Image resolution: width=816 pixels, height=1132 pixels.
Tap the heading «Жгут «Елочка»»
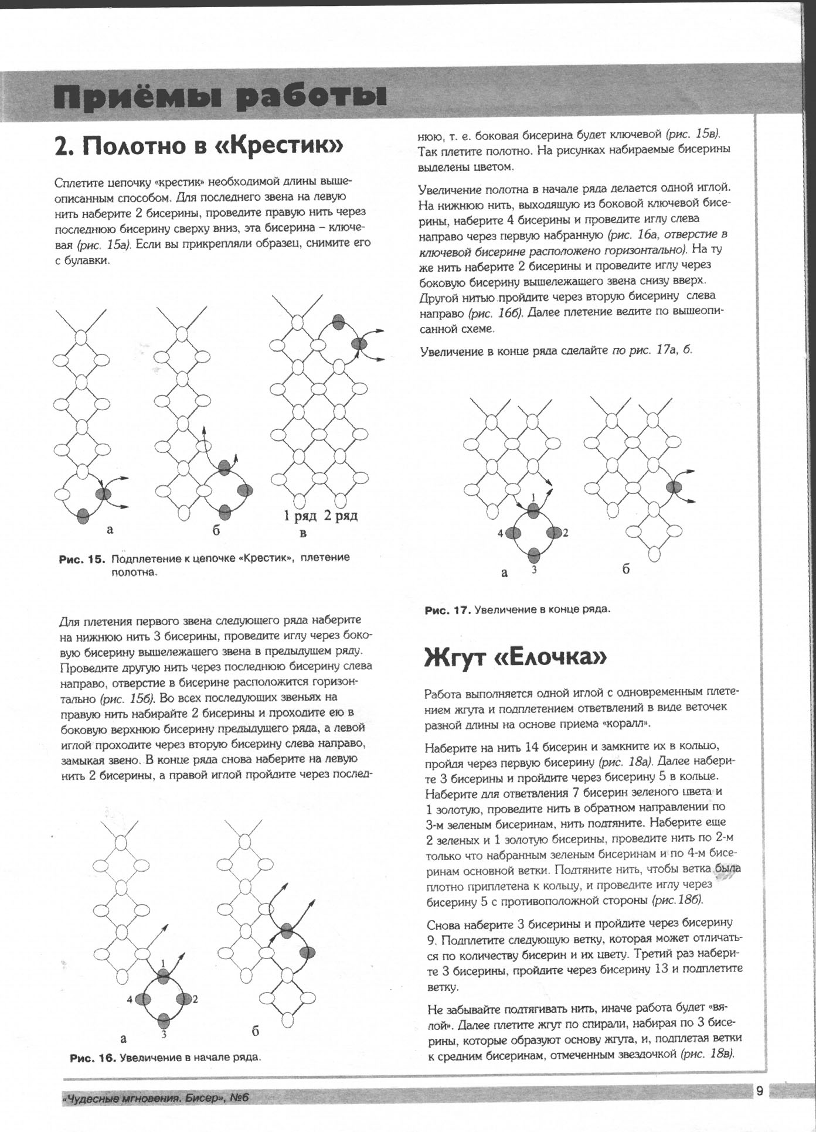click(515, 657)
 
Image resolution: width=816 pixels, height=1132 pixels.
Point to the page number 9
click(759, 1092)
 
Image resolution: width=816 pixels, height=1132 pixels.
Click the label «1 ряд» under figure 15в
click(300, 516)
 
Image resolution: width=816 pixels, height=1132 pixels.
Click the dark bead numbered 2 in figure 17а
click(553, 533)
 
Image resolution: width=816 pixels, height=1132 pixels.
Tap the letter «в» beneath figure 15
click(303, 533)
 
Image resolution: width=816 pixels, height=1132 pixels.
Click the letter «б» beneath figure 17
click(626, 570)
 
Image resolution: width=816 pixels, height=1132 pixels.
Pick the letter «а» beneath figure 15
click(110, 530)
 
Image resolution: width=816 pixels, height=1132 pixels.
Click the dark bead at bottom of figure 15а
click(83, 516)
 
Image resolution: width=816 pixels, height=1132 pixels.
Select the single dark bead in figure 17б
click(674, 487)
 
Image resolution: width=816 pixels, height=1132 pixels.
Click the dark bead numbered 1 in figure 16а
click(163, 976)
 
